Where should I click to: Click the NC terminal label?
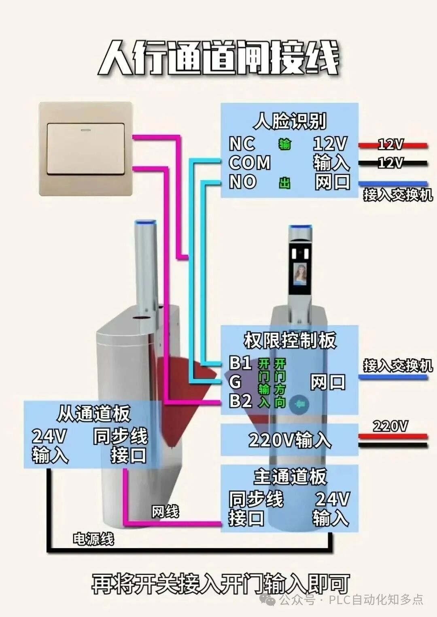click(x=242, y=144)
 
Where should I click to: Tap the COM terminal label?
click(x=250, y=163)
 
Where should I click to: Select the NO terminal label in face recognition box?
click(x=243, y=182)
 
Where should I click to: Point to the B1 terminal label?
click(x=241, y=362)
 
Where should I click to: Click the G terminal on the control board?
click(x=235, y=382)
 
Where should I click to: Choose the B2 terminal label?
click(x=241, y=401)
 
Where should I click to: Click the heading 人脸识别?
click(x=290, y=121)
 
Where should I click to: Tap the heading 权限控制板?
click(x=290, y=340)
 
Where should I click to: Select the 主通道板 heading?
click(x=290, y=477)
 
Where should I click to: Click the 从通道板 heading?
click(x=93, y=413)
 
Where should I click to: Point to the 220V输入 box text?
click(x=290, y=440)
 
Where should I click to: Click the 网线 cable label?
click(x=165, y=512)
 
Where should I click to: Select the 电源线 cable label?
click(x=93, y=539)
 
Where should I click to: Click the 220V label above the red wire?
click(x=390, y=426)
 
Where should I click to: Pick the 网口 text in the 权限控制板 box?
click(x=328, y=382)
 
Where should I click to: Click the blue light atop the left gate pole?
click(x=146, y=222)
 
